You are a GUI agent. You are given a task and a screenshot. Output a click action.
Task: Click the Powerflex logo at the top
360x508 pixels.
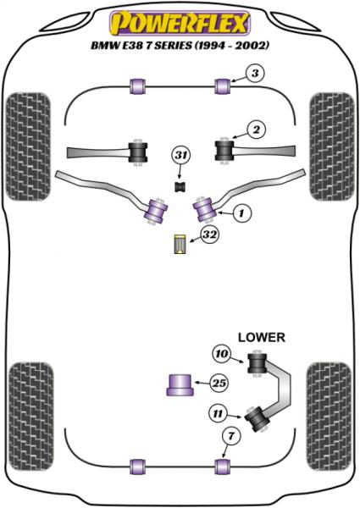(x=180, y=19)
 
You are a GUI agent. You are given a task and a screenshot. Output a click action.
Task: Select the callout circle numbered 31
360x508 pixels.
(x=180, y=155)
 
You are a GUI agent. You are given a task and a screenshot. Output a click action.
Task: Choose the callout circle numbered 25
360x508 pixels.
(x=219, y=384)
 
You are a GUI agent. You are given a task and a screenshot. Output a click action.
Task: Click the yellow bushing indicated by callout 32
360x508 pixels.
(x=180, y=242)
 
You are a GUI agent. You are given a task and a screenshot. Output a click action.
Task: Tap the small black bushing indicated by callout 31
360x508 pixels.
(x=180, y=185)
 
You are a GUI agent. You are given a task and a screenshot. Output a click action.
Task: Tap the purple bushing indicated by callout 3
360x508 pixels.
(x=224, y=86)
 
